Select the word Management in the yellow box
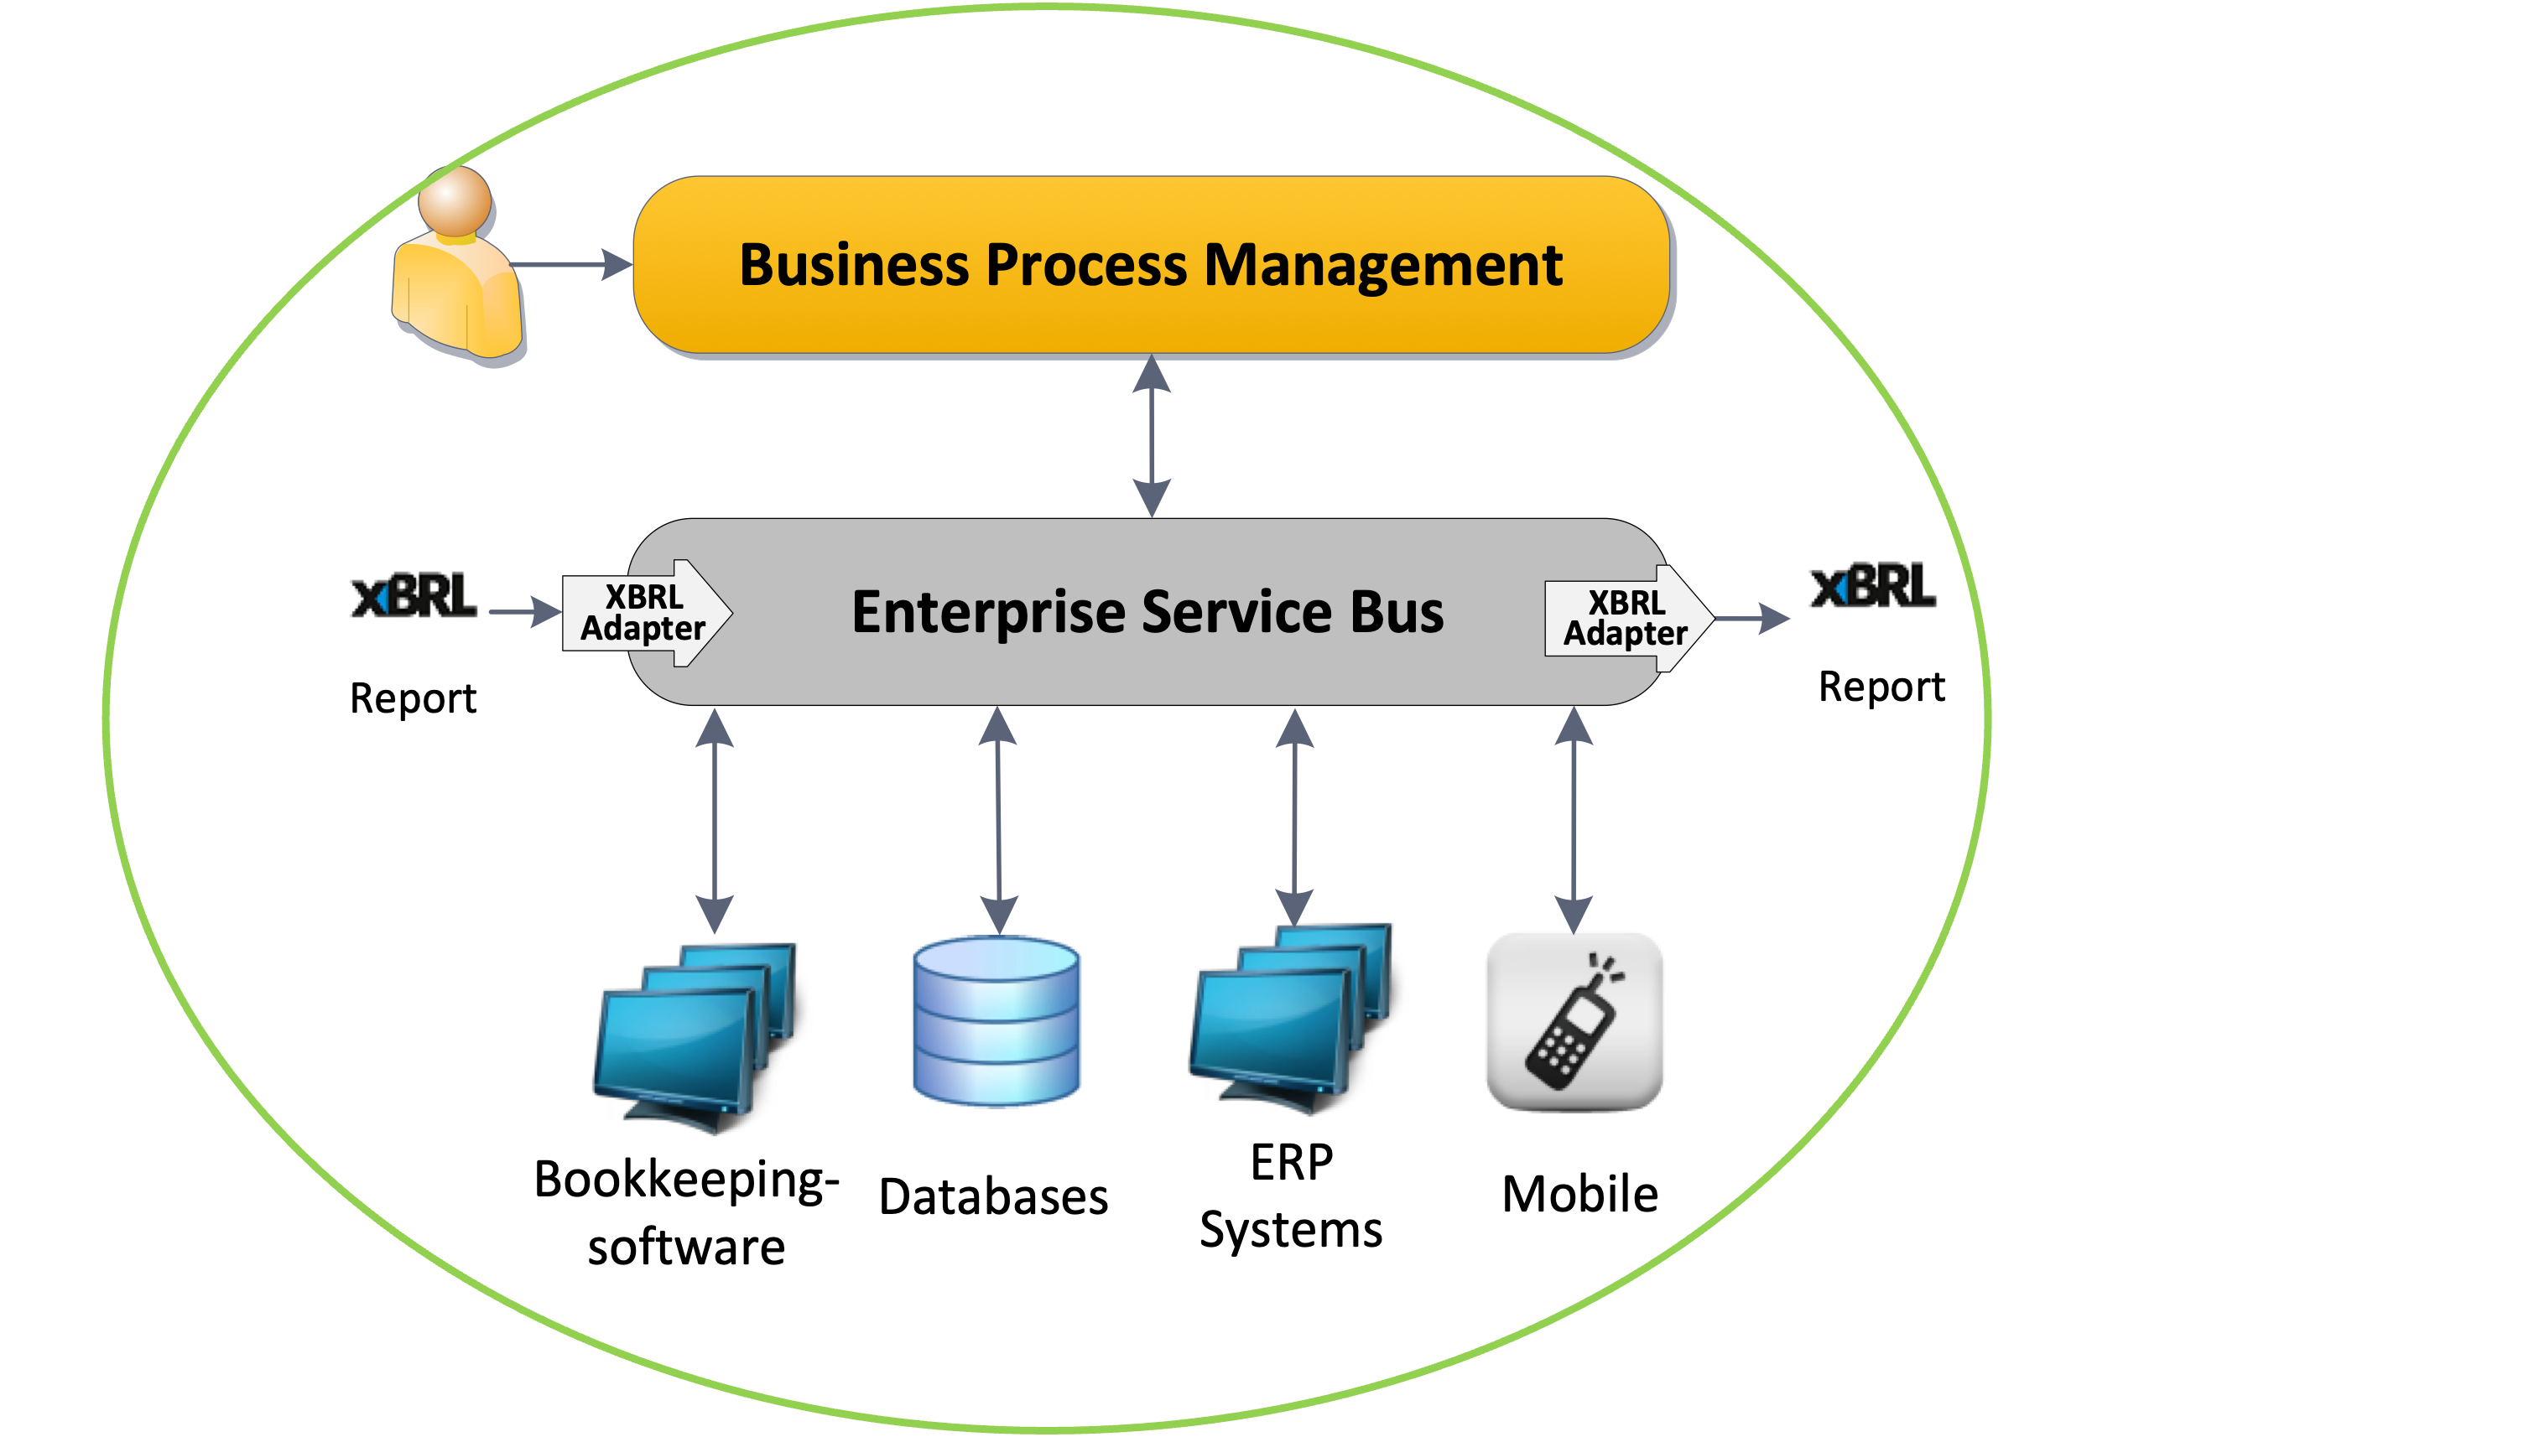(1382, 266)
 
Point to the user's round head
(454, 200)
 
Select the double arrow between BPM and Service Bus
(1152, 436)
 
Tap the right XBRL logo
(1871, 594)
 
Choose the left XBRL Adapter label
(643, 613)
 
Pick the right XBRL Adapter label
(1625, 618)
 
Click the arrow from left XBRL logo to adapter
(524, 612)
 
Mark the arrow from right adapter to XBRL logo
(1752, 619)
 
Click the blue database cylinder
(995, 1020)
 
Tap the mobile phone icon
(1575, 1021)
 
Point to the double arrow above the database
(998, 819)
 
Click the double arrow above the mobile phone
(1574, 819)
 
